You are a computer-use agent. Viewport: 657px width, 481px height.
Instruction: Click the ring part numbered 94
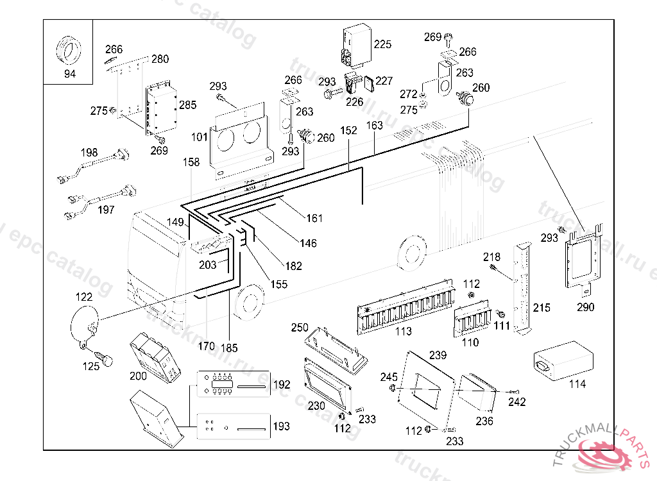point(69,51)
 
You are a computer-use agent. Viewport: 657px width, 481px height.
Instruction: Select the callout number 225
point(382,44)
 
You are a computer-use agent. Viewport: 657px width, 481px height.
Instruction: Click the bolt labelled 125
point(104,356)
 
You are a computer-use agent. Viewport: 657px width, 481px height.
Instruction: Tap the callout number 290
point(585,307)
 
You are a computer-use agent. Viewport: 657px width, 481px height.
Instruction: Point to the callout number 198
point(89,153)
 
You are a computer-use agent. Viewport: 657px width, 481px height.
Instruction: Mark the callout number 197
point(107,210)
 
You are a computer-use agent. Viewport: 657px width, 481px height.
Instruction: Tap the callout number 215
point(542,308)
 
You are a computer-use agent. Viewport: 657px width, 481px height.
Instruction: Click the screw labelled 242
point(512,392)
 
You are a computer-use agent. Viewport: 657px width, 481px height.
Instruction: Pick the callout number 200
point(138,376)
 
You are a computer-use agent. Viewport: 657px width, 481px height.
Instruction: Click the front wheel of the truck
point(249,302)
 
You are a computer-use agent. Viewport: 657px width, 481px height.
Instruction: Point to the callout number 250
point(300,327)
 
